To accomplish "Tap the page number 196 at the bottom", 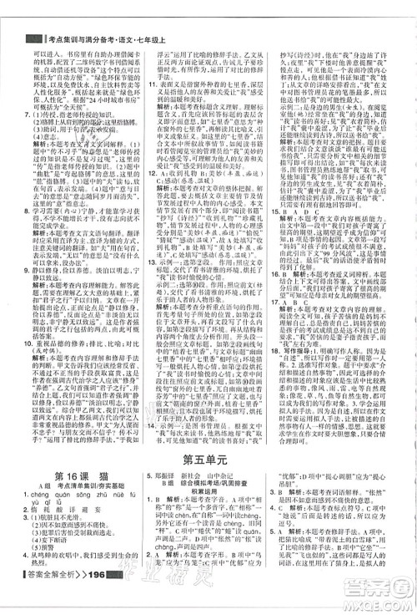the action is [93, 598].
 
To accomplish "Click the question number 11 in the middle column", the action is [153, 84].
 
